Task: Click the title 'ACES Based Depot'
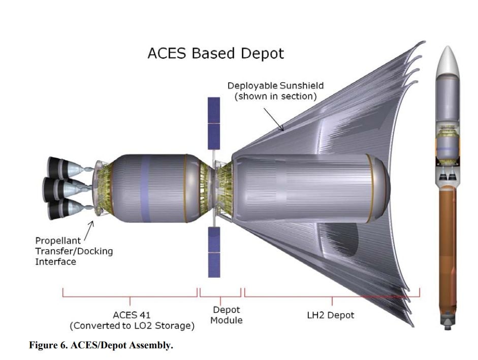click(216, 53)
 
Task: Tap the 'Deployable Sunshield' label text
click(276, 86)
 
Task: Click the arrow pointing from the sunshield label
click(274, 119)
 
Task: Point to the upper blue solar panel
click(214, 123)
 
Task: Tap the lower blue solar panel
click(214, 252)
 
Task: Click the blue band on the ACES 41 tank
click(145, 188)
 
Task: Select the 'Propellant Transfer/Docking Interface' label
click(74, 251)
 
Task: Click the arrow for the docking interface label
click(89, 232)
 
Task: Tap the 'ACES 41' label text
click(132, 315)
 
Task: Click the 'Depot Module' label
click(226, 315)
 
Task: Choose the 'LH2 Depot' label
click(331, 315)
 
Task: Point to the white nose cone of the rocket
click(447, 61)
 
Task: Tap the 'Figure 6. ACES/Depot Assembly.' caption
click(101, 345)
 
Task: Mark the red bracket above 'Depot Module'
click(220, 293)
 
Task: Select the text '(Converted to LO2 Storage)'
click(132, 326)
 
